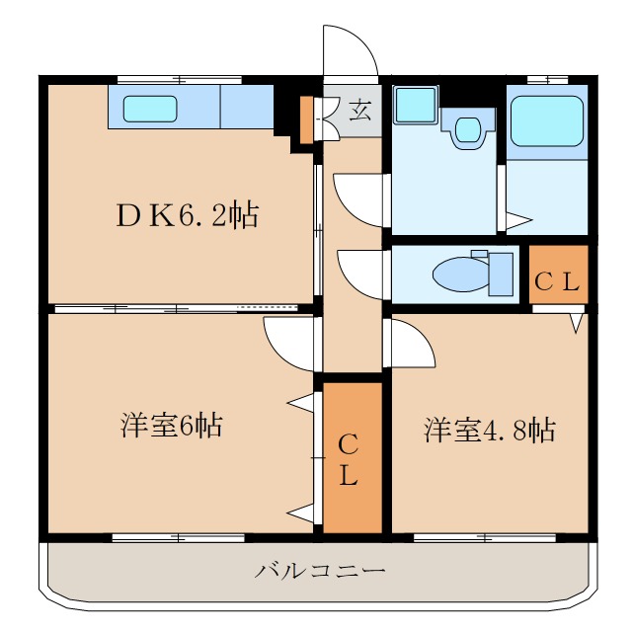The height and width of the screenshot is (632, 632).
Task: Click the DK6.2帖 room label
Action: click(x=187, y=214)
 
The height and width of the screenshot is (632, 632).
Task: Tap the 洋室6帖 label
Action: click(x=172, y=426)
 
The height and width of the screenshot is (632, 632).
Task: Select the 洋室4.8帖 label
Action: click(x=488, y=430)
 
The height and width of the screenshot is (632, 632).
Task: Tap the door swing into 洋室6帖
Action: click(x=289, y=342)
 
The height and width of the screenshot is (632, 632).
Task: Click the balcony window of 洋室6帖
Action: click(x=178, y=537)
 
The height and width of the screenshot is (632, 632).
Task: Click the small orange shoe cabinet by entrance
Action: click(x=306, y=118)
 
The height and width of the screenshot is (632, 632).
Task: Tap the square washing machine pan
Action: click(x=415, y=106)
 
